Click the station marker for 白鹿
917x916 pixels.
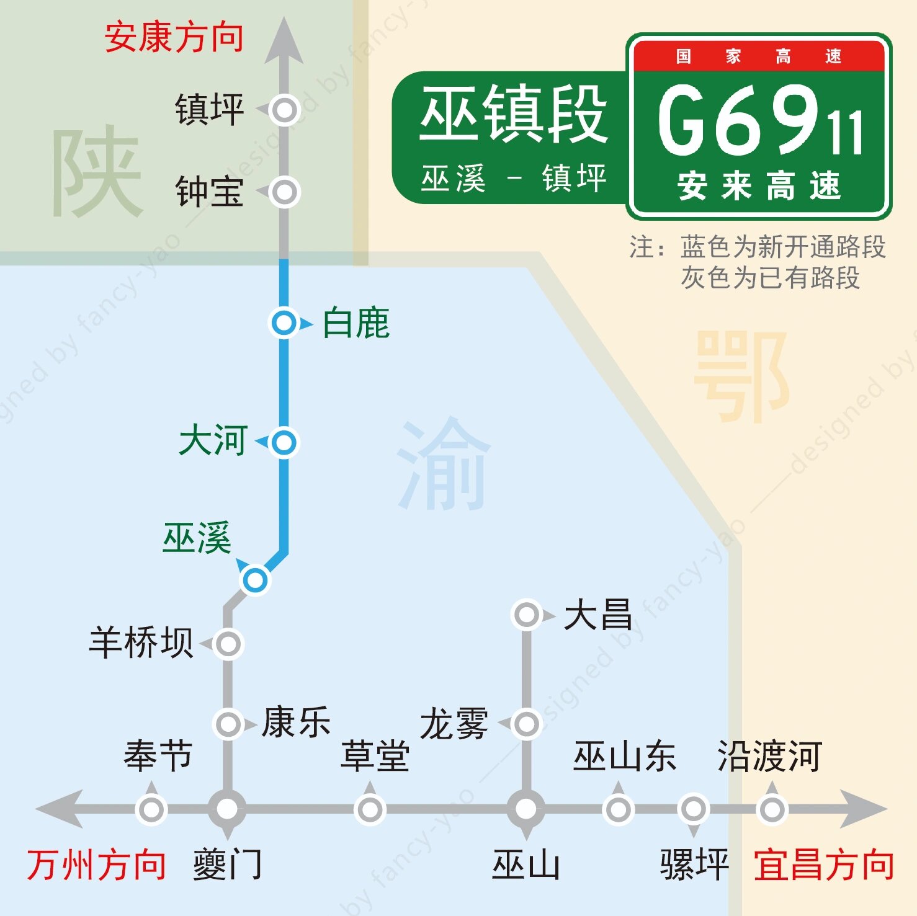pos(284,323)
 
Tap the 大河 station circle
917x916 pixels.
pos(284,442)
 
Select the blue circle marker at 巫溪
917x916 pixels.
pos(254,580)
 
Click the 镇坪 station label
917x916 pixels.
pos(209,110)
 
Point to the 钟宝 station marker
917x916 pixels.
pos(285,192)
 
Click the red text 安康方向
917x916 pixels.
pos(174,37)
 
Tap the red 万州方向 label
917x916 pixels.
pos(96,865)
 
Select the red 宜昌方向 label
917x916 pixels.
pos(823,865)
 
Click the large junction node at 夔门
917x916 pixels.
pos(227,809)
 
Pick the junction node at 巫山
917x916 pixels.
pos(526,809)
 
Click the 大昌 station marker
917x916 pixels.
pos(527,615)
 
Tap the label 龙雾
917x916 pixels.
pos(454,724)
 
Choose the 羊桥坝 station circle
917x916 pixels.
pos(228,644)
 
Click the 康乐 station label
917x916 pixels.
pos(296,723)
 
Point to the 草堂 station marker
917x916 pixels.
pos(370,809)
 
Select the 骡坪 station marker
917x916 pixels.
pos(693,809)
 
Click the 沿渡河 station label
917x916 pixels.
pos(769,756)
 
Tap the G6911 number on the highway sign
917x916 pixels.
pos(759,121)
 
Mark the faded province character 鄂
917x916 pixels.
pos(741,375)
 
